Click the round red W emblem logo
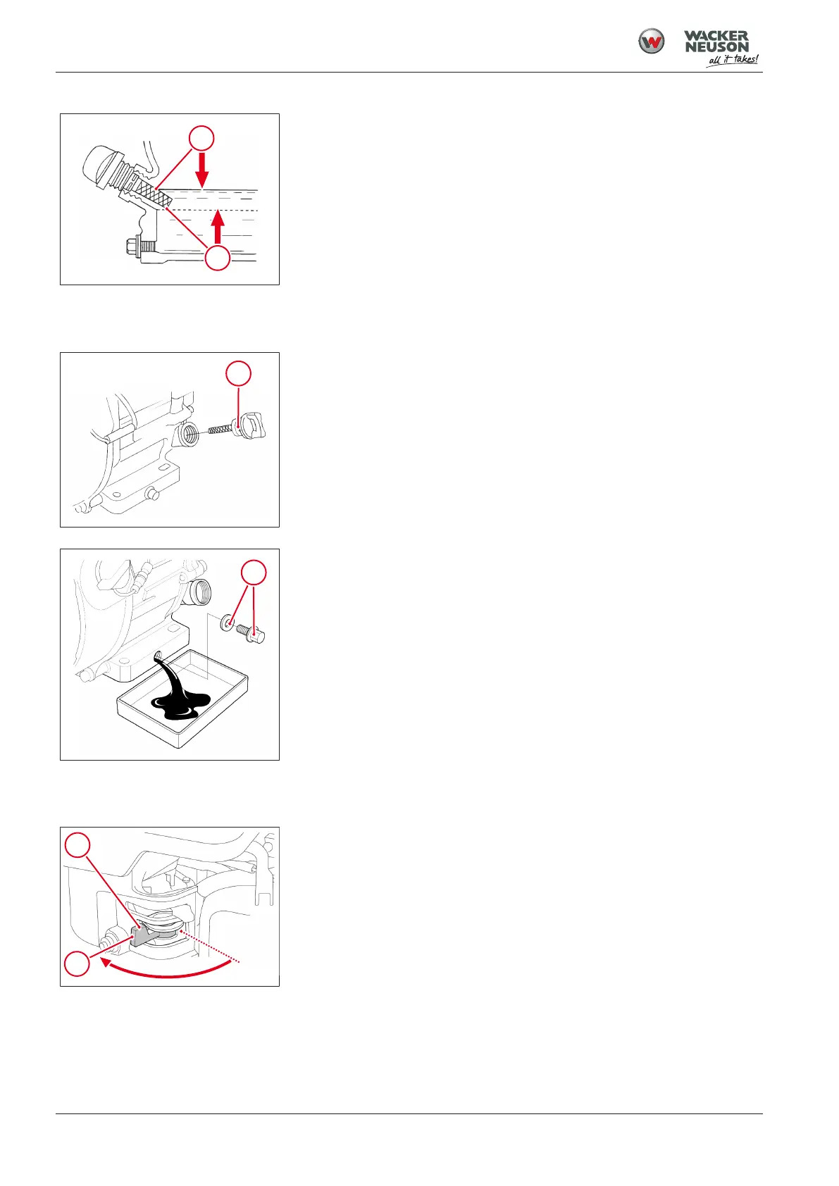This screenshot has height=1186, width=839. point(651,42)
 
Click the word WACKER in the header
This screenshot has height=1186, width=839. point(716,35)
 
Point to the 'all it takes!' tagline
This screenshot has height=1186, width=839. point(733,60)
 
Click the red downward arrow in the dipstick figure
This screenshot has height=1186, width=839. point(201,170)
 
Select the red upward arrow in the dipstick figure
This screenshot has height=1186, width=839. point(217,225)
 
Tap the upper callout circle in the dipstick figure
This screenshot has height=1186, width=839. point(201,139)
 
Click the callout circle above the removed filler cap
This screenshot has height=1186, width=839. point(238,373)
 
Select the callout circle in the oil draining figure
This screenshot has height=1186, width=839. point(254,573)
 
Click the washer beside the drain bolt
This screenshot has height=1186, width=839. point(228,622)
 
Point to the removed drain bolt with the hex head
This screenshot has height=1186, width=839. point(251,632)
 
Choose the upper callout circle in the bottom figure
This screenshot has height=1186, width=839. point(77,844)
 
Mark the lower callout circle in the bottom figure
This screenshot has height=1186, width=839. point(76,963)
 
